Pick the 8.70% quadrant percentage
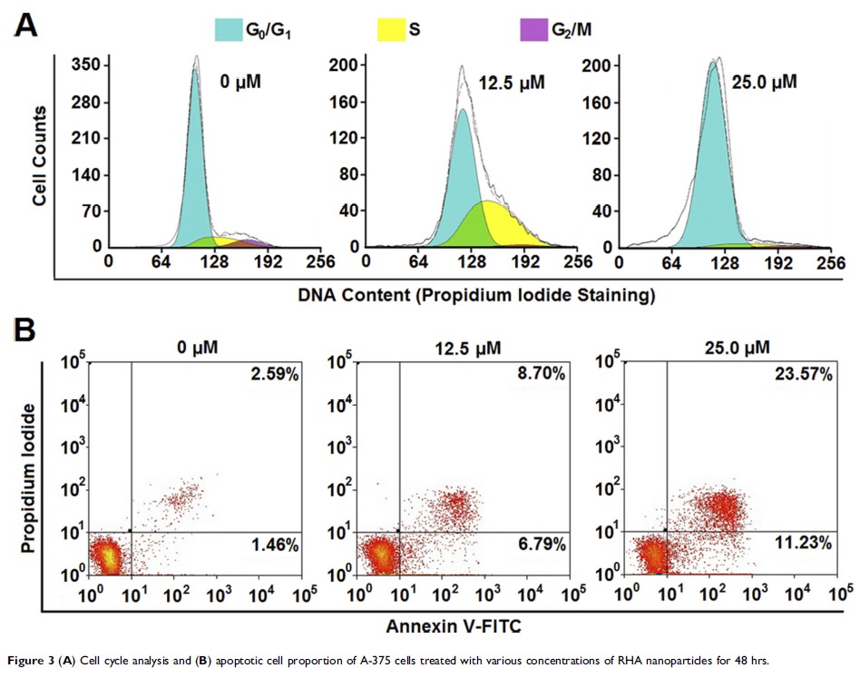(542, 374)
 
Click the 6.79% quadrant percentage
(542, 546)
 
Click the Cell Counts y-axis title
(40, 154)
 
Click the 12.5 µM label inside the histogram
(512, 84)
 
